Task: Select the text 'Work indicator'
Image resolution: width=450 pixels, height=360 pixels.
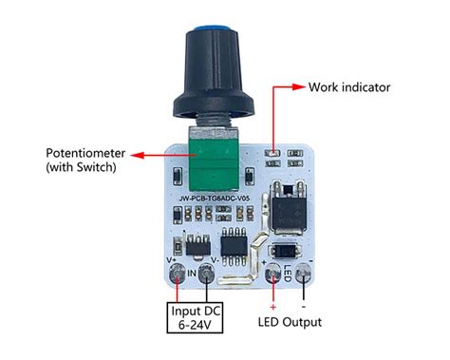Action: [348, 87]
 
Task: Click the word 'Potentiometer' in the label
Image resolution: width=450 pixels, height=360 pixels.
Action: [81, 153]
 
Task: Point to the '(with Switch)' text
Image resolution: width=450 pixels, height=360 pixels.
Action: [81, 168]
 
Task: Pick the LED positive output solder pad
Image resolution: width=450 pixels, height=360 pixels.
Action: [276, 275]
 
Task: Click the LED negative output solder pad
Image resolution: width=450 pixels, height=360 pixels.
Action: [304, 275]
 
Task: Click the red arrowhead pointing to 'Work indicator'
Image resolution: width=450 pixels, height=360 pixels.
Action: [298, 87]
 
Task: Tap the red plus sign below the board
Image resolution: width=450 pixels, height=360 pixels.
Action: [274, 304]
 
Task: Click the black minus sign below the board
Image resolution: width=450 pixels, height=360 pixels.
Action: [304, 304]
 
